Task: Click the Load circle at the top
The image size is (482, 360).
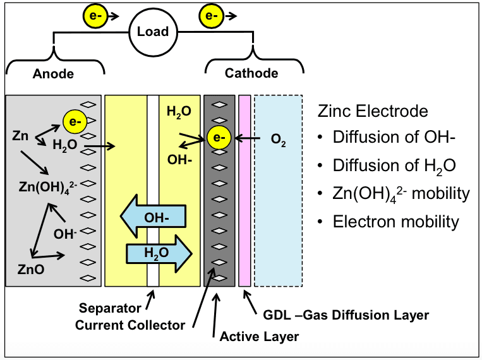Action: point(153,32)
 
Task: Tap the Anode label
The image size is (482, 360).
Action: point(53,74)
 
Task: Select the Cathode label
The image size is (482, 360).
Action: point(251,73)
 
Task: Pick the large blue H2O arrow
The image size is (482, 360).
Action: point(158,253)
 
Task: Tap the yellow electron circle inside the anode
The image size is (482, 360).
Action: point(73,119)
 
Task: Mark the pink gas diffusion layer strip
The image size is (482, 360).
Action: point(244,190)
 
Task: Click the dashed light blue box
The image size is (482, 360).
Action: point(279,190)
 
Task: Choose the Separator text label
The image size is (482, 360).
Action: point(109,309)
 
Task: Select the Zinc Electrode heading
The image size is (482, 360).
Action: point(373,112)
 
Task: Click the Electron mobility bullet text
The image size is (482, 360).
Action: point(395,221)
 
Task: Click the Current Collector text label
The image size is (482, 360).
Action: point(130,325)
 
